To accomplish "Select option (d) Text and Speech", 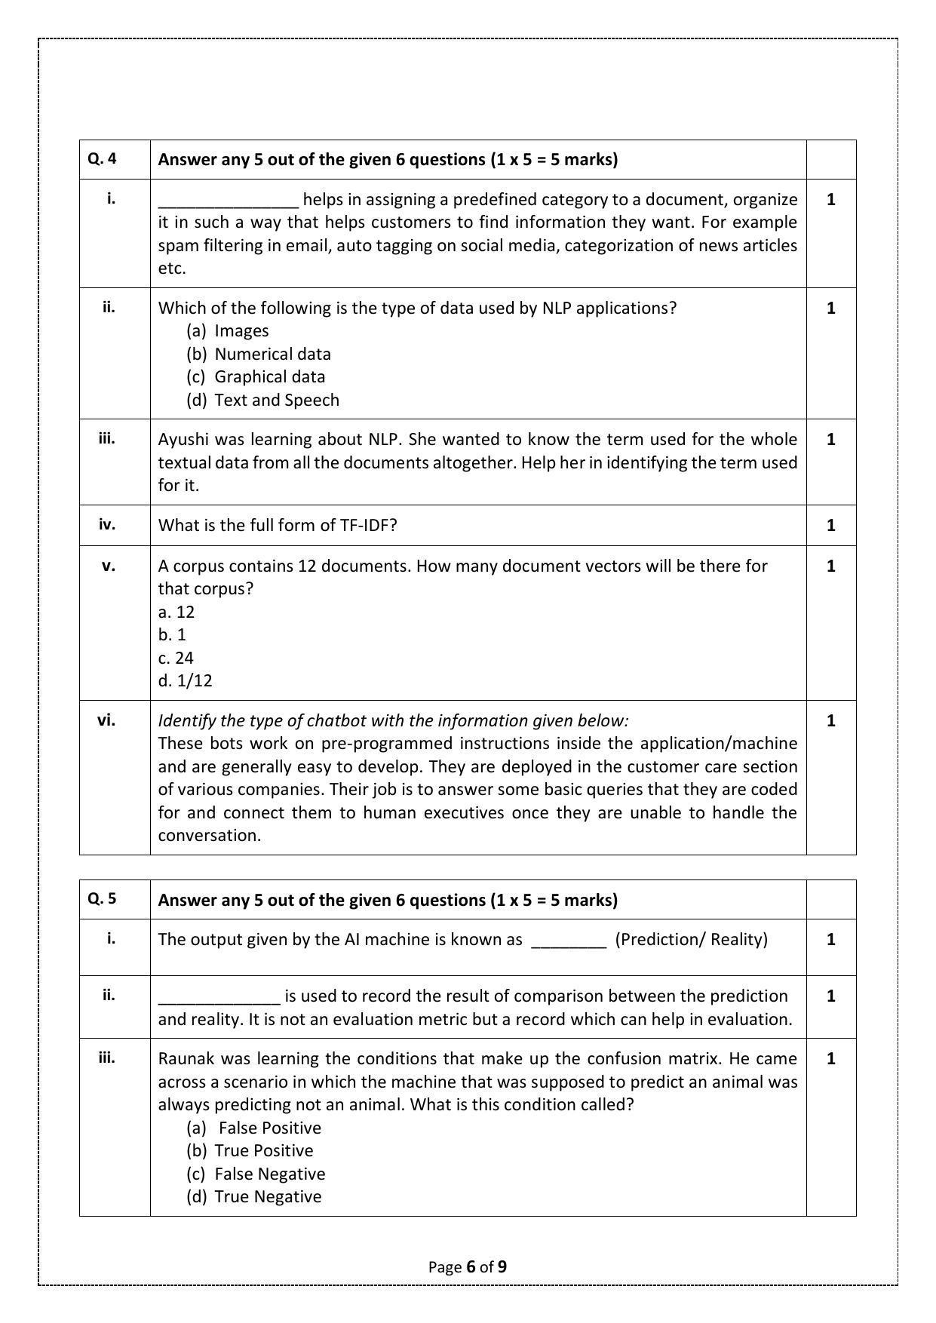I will [x=262, y=400].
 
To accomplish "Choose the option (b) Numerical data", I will [x=259, y=354].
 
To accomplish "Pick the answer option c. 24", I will [x=176, y=658].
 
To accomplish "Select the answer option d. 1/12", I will [x=185, y=680].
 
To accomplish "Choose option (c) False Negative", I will [x=256, y=1174].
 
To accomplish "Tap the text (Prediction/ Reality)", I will [x=691, y=939].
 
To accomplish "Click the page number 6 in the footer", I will [x=471, y=1266].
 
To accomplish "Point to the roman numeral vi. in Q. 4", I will [x=107, y=720].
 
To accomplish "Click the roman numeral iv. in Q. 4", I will [x=107, y=525].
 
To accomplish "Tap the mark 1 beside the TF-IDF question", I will [x=830, y=525].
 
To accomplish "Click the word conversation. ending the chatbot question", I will [x=209, y=835].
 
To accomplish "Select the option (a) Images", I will [x=228, y=330].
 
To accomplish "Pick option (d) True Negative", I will [x=253, y=1196].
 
